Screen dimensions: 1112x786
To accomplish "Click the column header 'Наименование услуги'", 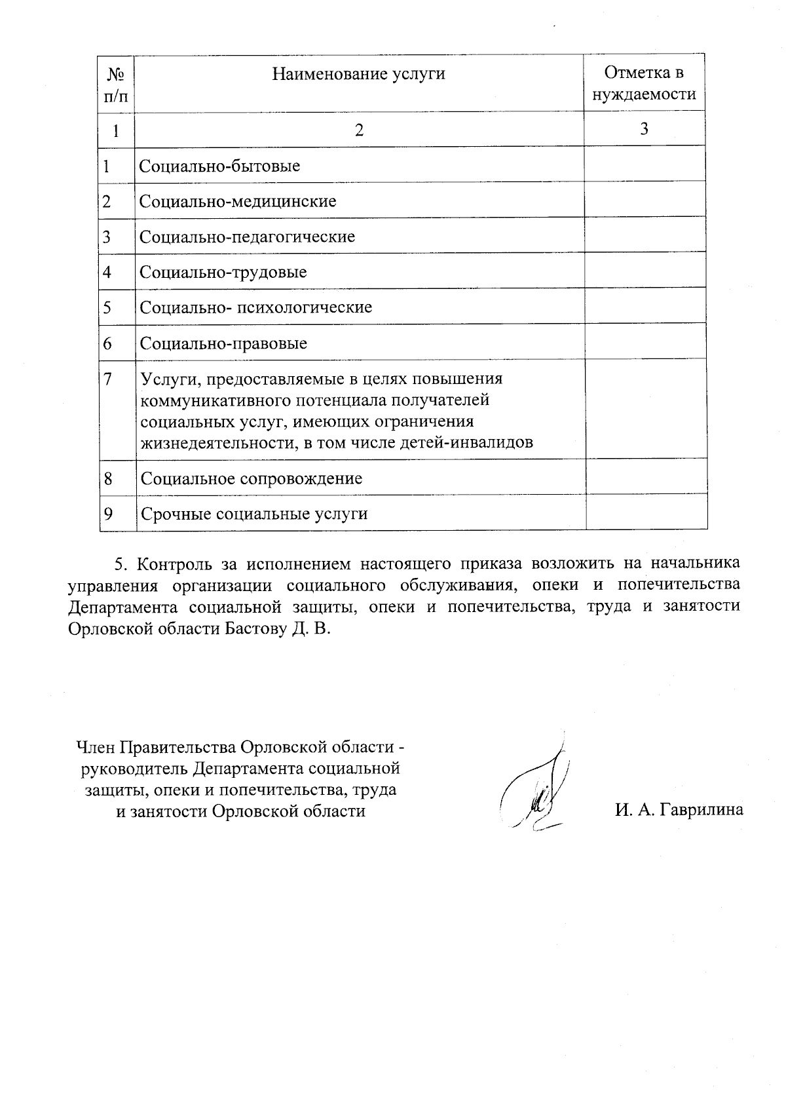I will coord(358,74).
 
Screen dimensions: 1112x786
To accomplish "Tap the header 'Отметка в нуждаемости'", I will coord(644,84).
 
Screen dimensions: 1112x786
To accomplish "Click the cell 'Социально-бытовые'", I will coord(220,166).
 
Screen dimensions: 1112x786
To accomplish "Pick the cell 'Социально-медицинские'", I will coord(238,201).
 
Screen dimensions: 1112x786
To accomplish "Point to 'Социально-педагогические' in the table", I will coord(247,237).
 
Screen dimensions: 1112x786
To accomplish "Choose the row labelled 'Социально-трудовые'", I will coord(223,272).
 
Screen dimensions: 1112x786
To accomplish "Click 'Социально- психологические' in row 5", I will coord(255,307).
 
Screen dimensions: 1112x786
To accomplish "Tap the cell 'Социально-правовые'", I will coord(223,343).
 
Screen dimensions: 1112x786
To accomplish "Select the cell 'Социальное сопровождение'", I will coord(251,478).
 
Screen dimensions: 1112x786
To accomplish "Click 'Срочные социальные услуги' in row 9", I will coord(253,514).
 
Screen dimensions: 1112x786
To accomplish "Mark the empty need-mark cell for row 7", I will coord(645,409).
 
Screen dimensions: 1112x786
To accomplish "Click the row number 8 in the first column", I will coord(108,478).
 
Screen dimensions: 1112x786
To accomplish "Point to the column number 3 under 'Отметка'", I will coord(645,128).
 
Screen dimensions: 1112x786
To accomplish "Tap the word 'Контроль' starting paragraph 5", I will coord(172,564).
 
